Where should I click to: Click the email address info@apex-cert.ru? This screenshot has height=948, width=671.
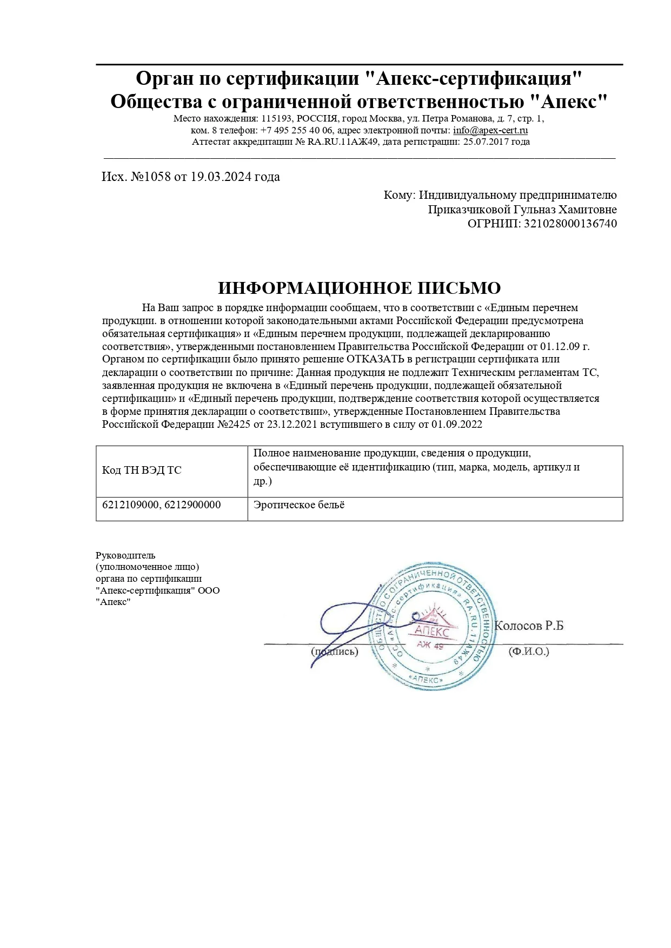[490, 130]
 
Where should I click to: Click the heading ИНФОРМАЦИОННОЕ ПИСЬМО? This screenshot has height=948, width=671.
[359, 288]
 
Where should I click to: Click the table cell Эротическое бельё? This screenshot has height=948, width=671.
[299, 505]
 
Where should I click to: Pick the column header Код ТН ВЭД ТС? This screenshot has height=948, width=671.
[142, 470]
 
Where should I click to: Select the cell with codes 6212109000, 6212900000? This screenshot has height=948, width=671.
[161, 505]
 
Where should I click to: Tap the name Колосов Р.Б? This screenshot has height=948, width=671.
[529, 626]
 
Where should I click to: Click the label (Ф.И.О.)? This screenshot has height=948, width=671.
[528, 651]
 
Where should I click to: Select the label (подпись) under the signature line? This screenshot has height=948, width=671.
[334, 651]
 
